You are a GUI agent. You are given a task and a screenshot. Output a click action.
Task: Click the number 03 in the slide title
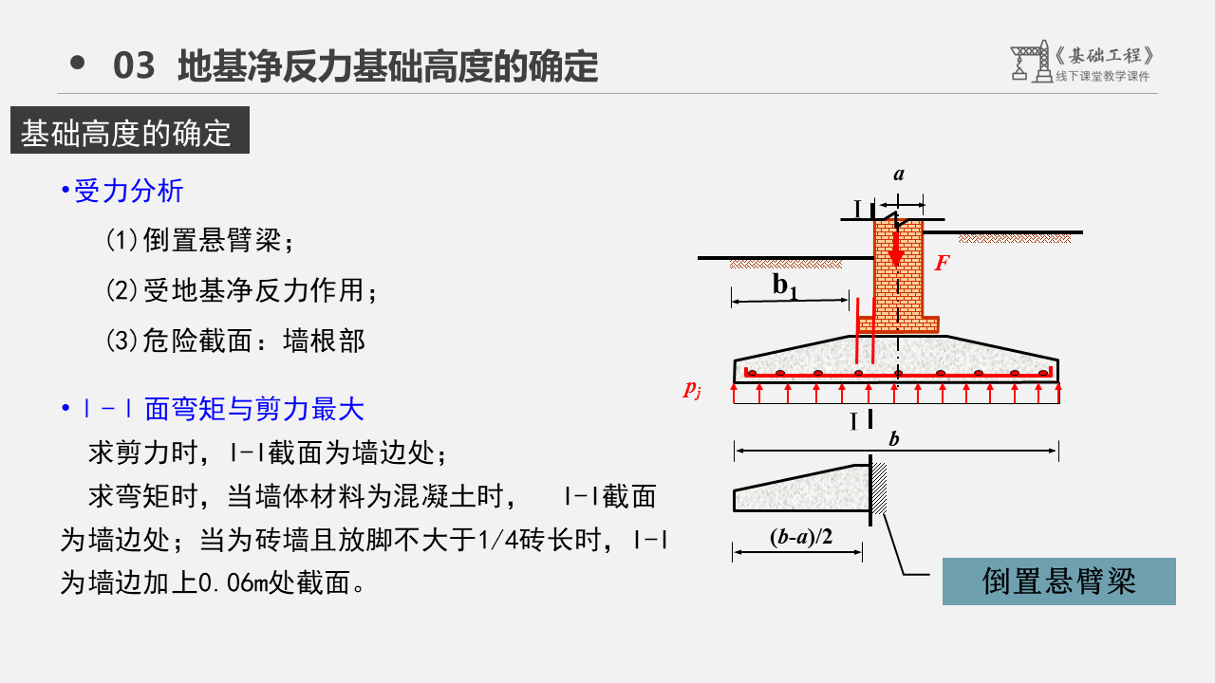coord(133,66)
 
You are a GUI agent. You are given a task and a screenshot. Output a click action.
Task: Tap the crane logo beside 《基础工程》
coord(1027,61)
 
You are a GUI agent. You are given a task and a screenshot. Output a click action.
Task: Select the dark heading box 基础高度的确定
coord(129,133)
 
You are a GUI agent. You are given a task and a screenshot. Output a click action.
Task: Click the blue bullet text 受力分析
coord(128,192)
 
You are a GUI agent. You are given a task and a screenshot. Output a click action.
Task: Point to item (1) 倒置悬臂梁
coord(200,240)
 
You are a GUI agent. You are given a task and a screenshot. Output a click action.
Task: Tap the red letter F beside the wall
coord(942,264)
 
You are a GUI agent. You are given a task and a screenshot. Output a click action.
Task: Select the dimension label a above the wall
coord(899,175)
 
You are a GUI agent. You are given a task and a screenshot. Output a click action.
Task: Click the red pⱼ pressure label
coord(692,388)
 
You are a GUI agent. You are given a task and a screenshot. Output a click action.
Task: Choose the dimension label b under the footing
coord(892,439)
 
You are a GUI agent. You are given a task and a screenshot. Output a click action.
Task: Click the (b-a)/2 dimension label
coord(800,537)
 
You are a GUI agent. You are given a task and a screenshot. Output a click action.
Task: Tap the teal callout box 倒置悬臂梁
coord(1058,581)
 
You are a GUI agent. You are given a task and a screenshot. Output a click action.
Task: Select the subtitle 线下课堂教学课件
coord(1102,77)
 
